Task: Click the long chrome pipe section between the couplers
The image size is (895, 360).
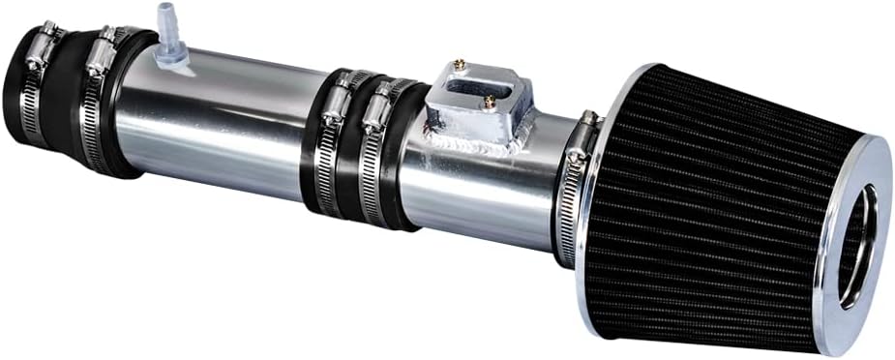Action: click(232, 126)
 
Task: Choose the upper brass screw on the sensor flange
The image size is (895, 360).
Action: click(462, 67)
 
